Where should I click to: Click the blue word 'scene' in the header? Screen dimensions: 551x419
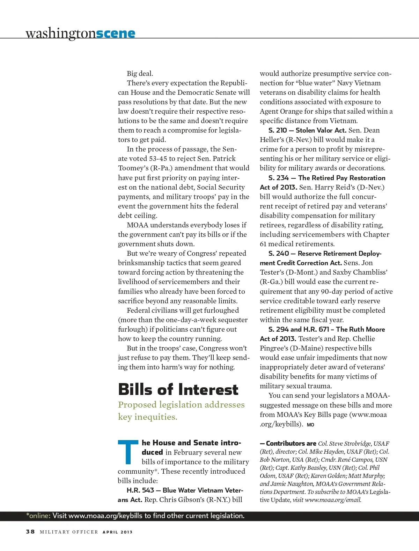(x=115, y=34)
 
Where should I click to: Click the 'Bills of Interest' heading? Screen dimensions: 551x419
(x=178, y=389)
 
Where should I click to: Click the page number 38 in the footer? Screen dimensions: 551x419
(x=30, y=531)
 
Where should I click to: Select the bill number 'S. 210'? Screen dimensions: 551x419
(x=278, y=130)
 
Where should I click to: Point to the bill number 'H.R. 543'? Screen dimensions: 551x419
(x=140, y=490)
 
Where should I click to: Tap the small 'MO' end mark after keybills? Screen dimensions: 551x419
(x=310, y=425)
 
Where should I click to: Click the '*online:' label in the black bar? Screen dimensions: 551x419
(x=38, y=516)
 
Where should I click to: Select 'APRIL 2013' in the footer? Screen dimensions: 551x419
(x=118, y=532)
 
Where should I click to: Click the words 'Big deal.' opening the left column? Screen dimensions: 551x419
(x=140, y=73)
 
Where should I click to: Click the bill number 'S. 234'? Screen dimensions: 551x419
(x=278, y=178)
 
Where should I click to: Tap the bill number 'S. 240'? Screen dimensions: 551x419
(x=278, y=253)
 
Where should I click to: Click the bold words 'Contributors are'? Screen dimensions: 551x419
(x=291, y=444)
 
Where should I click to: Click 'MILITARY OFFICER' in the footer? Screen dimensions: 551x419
(x=69, y=532)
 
